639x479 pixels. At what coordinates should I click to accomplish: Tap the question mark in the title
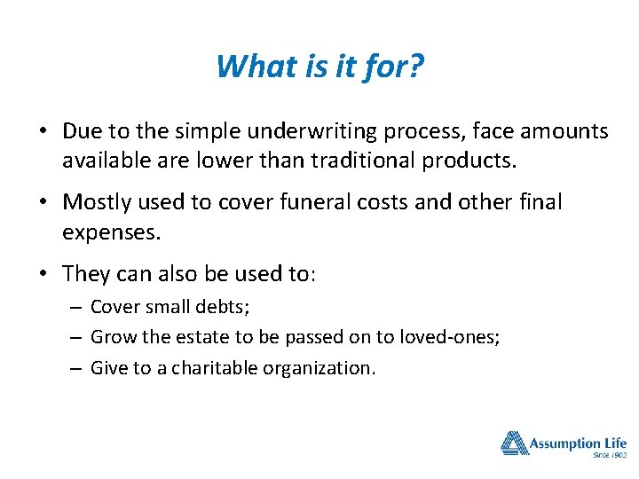coord(415,66)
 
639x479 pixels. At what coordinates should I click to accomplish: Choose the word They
coord(87,274)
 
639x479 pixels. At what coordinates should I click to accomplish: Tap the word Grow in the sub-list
coord(109,337)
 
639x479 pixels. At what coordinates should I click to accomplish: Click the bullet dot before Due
coord(43,132)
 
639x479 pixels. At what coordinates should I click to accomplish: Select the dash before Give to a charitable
coord(77,367)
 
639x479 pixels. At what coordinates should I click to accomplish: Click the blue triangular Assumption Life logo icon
coord(514,443)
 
